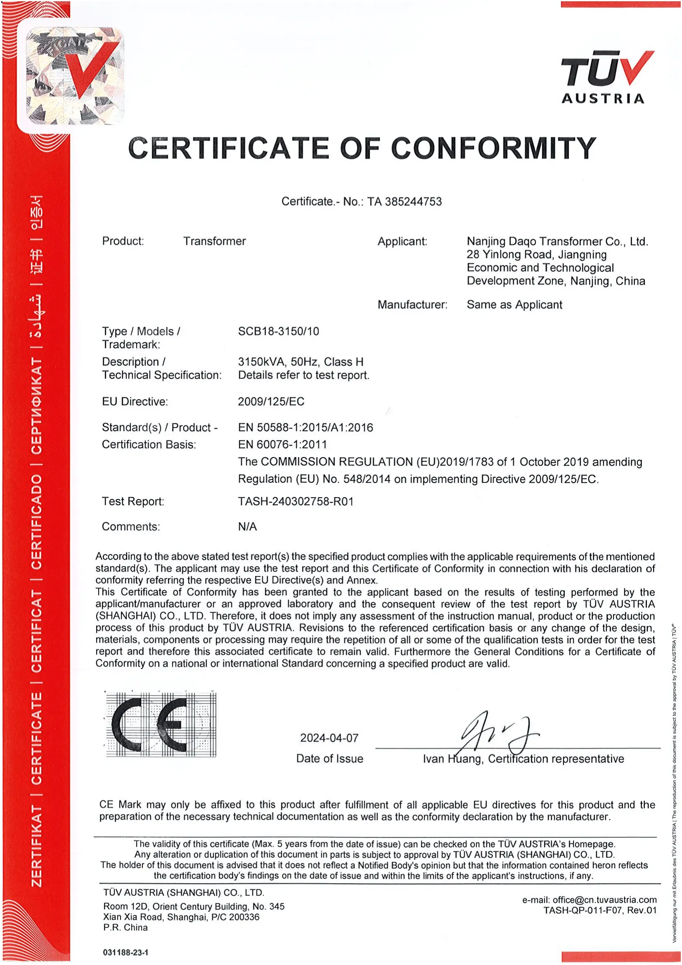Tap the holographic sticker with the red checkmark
click(75, 76)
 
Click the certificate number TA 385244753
click(404, 202)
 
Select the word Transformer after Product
click(214, 241)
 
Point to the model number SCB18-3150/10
click(278, 331)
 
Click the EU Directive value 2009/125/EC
click(271, 401)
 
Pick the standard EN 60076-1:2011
click(282, 444)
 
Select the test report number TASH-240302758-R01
click(296, 501)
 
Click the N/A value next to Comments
click(247, 526)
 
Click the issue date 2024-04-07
click(329, 738)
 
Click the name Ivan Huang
click(452, 759)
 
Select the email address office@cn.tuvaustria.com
click(604, 900)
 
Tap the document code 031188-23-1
click(125, 952)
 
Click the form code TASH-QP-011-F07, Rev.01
click(599, 911)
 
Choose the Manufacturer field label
click(412, 305)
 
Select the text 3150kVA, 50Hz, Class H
click(300, 362)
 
